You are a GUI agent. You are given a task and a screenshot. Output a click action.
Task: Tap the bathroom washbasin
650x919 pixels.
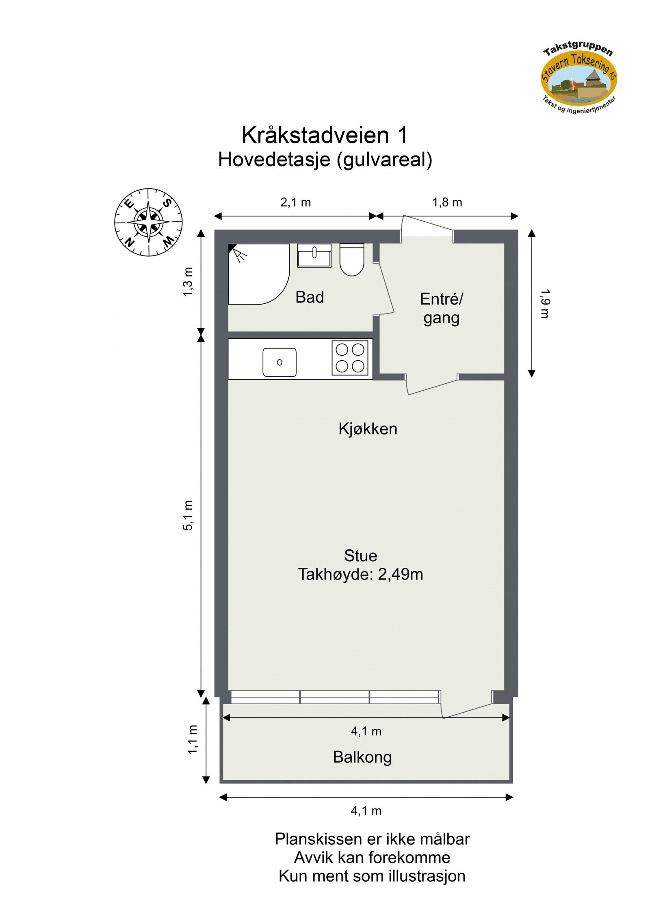[314, 255]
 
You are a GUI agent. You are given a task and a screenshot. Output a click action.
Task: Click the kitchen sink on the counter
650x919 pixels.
[279, 362]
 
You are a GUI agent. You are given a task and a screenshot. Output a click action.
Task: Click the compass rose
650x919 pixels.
[148, 222]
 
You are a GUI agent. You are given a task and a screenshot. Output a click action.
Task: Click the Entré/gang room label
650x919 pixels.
[441, 308]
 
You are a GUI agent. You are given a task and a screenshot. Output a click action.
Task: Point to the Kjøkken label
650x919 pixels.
[367, 429]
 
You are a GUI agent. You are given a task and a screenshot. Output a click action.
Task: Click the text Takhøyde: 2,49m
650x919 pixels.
[360, 574]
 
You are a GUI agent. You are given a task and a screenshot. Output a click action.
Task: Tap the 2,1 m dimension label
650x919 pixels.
[295, 202]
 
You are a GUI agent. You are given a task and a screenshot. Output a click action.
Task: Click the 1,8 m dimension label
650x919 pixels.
[446, 202]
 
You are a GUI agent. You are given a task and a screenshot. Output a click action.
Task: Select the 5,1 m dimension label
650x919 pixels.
[188, 515]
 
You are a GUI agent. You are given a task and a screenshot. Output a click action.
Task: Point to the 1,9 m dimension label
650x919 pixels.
[544, 303]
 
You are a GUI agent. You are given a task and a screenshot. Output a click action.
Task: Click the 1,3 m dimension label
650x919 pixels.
[188, 282]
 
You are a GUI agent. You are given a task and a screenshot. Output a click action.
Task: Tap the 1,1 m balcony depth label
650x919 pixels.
[193, 739]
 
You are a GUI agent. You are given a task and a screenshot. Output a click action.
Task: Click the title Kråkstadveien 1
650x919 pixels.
[324, 135]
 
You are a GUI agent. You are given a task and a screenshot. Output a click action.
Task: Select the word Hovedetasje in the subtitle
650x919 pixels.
[274, 160]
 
